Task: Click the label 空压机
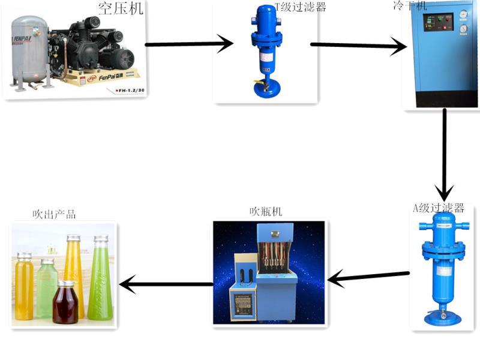[120, 9]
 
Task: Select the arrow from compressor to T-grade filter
[188, 44]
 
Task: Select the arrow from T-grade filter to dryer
[358, 45]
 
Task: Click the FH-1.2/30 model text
[127, 89]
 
